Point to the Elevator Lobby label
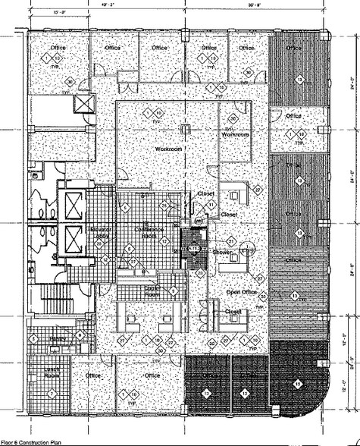[x=101, y=231]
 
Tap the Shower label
[x=221, y=252]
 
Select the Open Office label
[x=243, y=291]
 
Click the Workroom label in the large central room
[x=169, y=149]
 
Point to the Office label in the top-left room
[x=58, y=49]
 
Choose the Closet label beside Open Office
[x=233, y=310]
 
